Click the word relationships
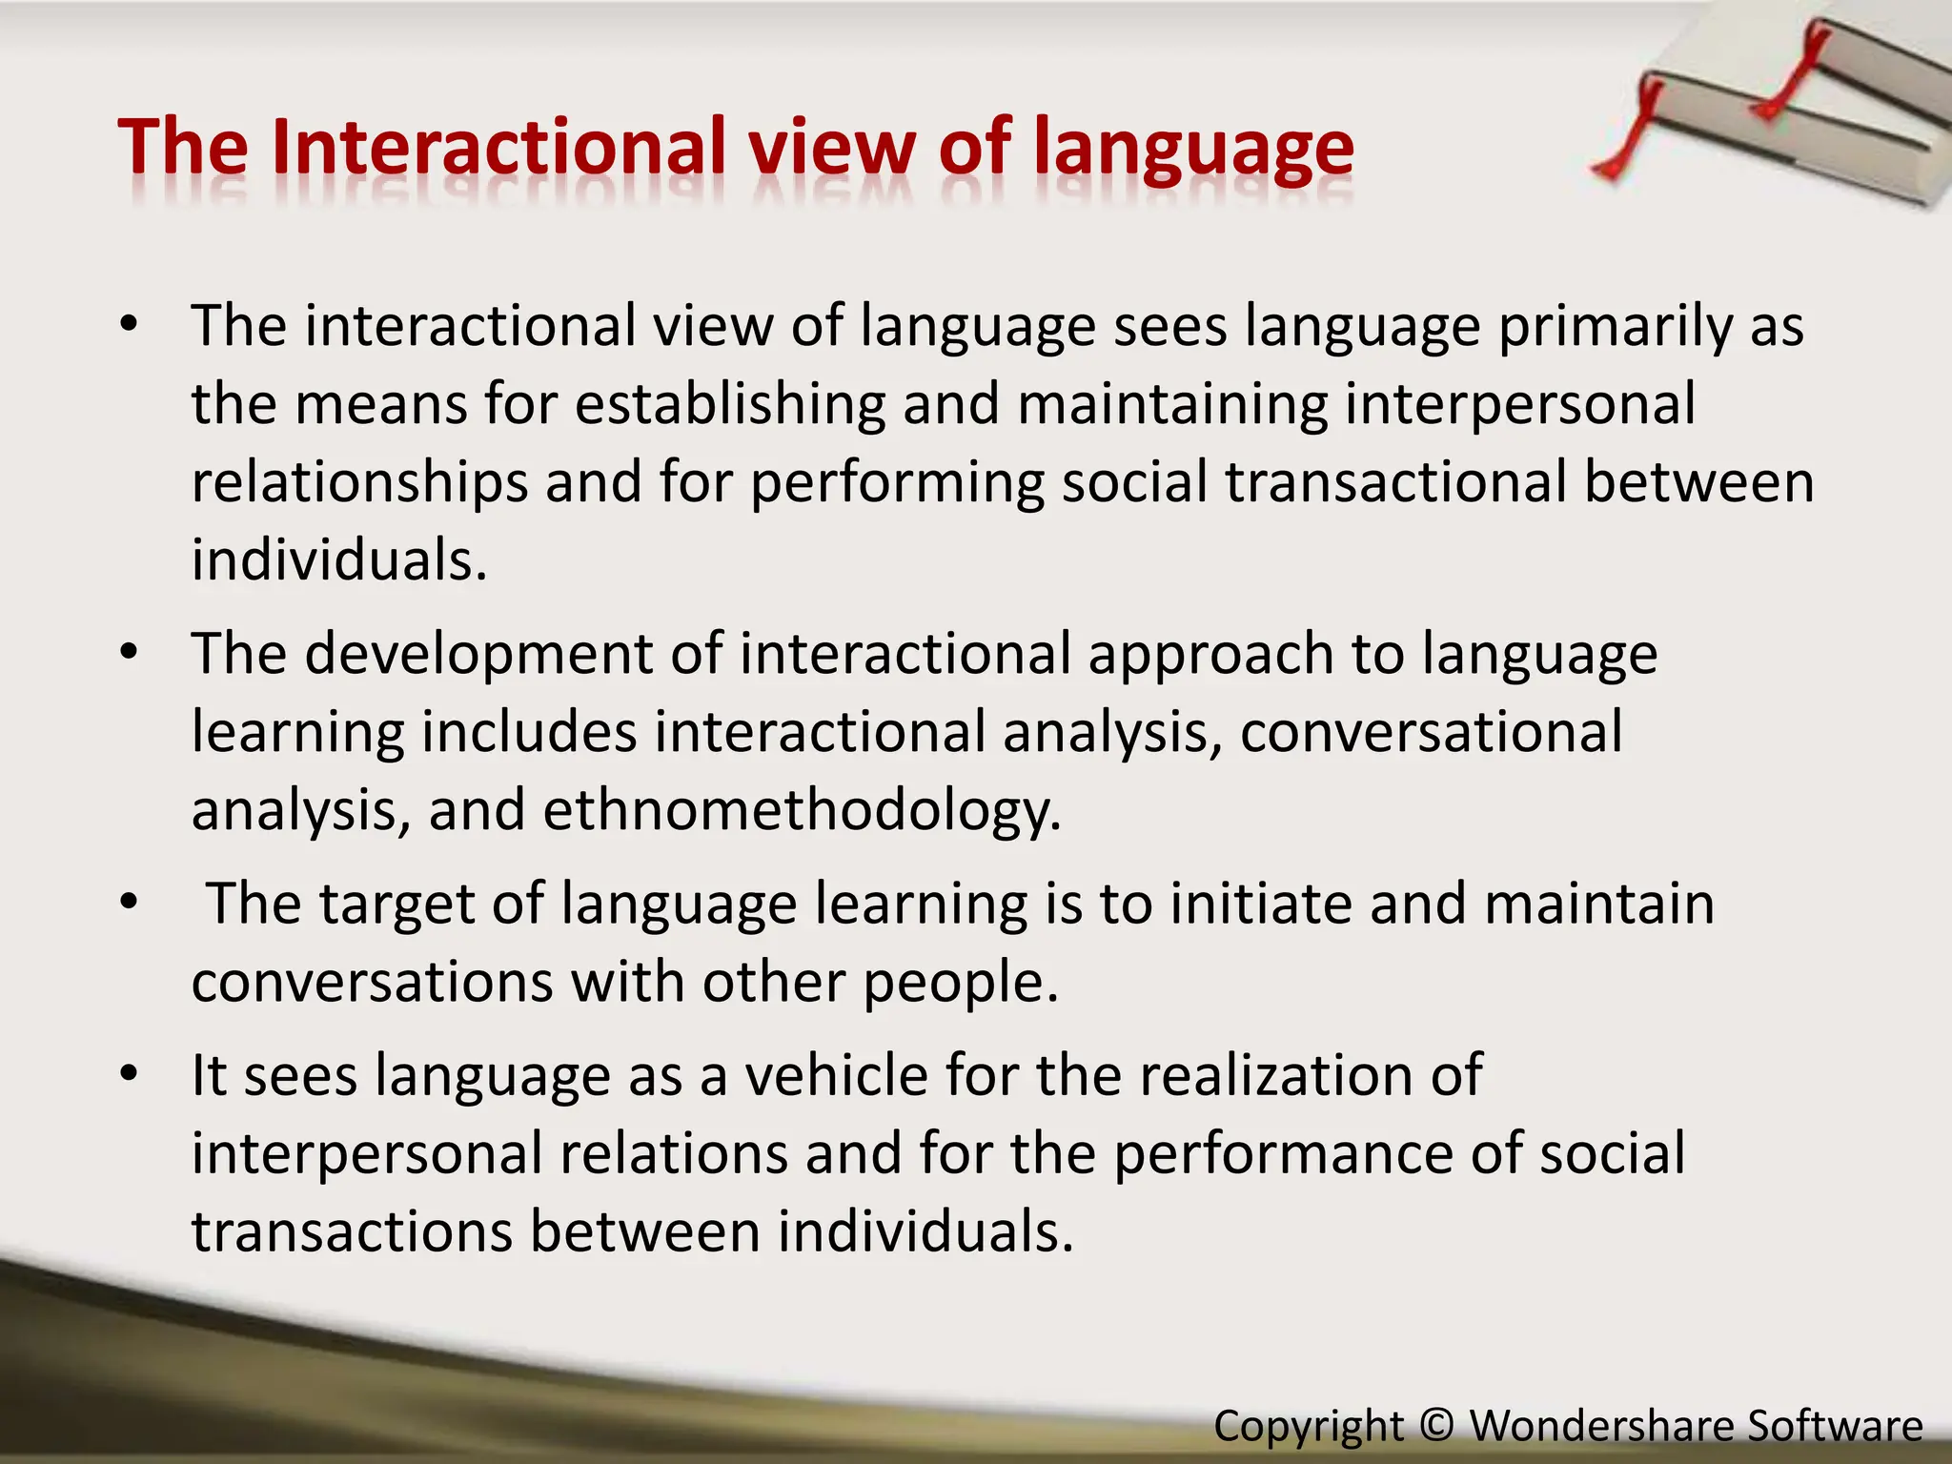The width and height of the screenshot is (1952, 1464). click(359, 482)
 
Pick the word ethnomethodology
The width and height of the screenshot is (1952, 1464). click(802, 811)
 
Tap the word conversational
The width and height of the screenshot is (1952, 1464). click(1431, 733)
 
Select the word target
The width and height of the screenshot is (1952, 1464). click(396, 905)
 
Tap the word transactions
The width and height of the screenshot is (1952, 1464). click(352, 1231)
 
